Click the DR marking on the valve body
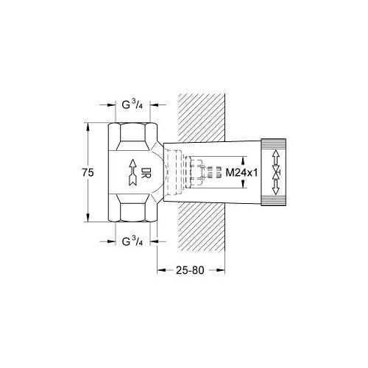[x=146, y=174]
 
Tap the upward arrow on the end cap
[x=275, y=157]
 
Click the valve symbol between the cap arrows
[x=275, y=173]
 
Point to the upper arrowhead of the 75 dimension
[x=88, y=127]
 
